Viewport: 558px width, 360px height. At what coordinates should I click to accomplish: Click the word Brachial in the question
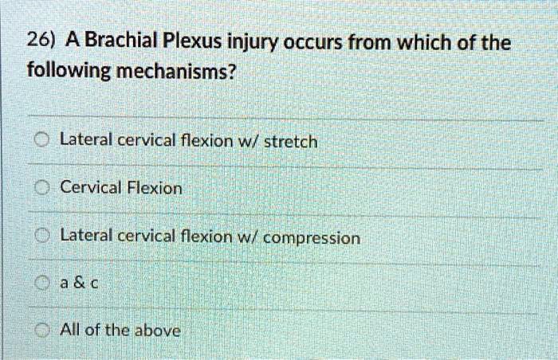pos(122,41)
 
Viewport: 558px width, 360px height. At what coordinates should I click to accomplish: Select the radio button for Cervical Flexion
pos(44,189)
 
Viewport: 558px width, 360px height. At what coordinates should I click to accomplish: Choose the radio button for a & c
pos(44,283)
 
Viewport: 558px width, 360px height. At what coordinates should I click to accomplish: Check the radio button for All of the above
pos(44,330)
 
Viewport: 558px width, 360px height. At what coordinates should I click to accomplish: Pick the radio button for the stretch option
pos(44,142)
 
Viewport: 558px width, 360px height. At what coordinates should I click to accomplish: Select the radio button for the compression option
pos(44,237)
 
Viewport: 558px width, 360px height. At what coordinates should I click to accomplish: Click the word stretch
pos(290,142)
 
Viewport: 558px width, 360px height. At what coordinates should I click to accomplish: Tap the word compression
pos(311,238)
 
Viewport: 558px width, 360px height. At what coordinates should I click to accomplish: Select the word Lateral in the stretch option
pos(87,142)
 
